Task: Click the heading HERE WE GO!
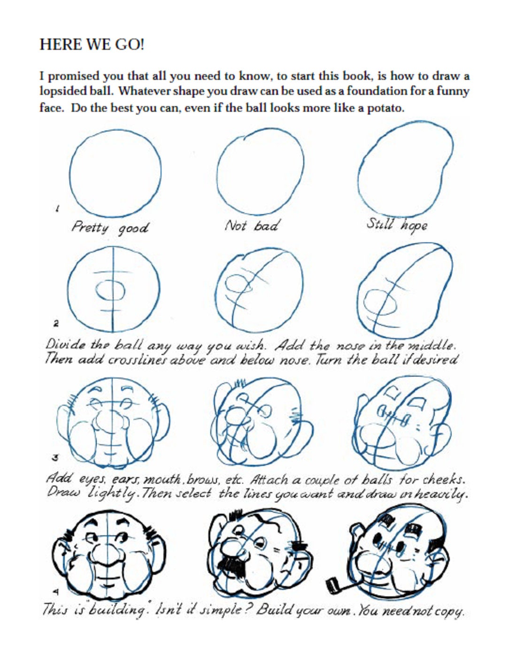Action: coord(92,45)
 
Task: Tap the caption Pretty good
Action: coord(110,228)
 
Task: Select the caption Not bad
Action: coord(252,226)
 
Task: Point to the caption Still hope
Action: coord(397,224)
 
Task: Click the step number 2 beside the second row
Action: coord(56,323)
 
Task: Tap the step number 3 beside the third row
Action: coord(54,457)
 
